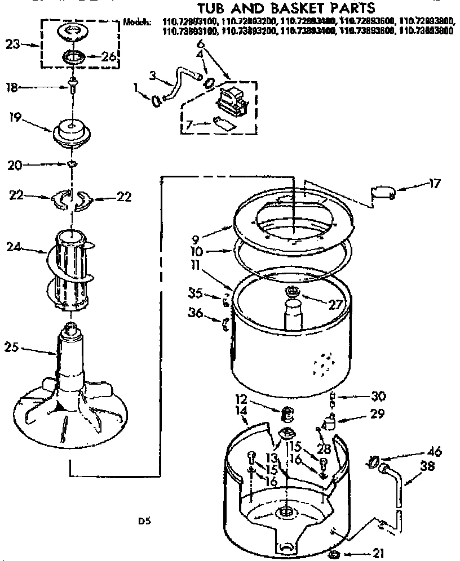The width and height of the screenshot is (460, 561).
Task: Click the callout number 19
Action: click(x=16, y=119)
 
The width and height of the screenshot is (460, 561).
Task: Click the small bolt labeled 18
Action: click(x=72, y=85)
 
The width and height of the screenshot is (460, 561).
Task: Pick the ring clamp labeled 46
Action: click(x=373, y=462)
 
